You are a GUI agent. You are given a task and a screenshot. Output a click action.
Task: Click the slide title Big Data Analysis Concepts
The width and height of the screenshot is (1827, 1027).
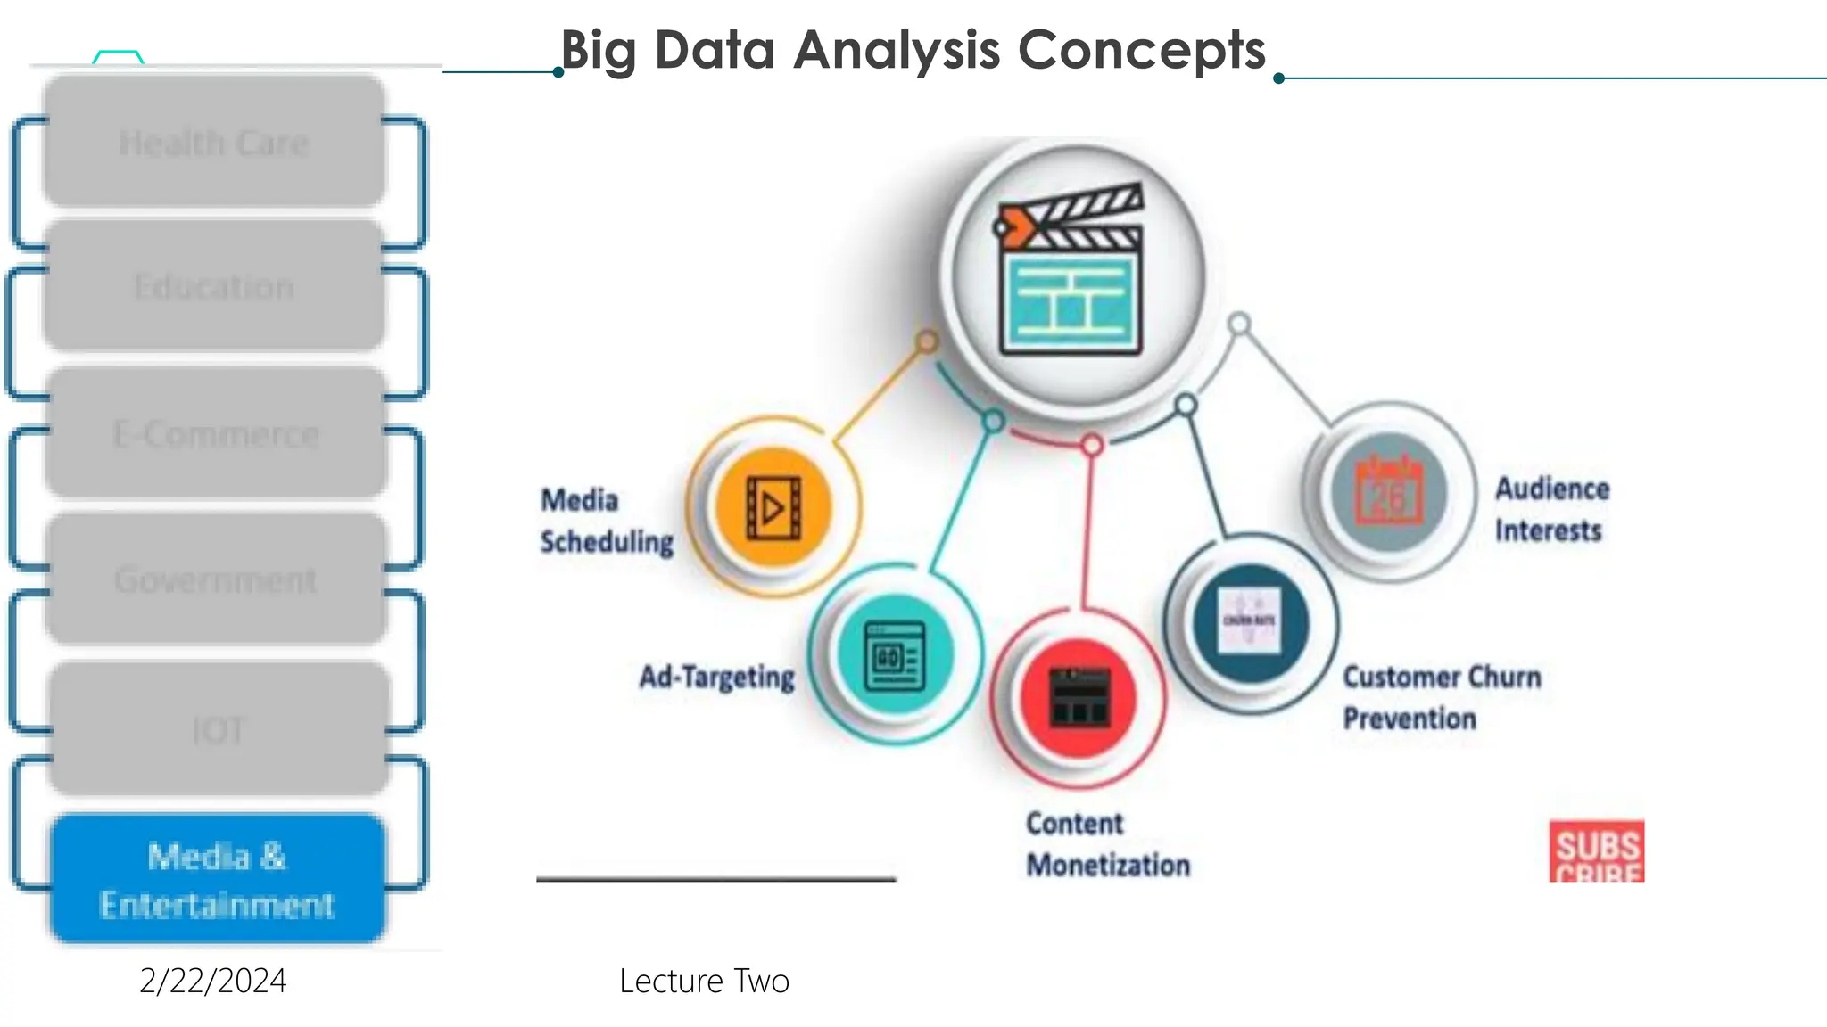(x=913, y=50)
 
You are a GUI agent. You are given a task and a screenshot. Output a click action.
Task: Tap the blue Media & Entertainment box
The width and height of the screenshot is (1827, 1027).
(x=218, y=879)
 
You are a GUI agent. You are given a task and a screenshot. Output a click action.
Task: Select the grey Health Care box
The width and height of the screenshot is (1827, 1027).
(x=214, y=143)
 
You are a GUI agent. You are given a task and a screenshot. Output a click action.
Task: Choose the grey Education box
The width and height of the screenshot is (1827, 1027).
(x=214, y=287)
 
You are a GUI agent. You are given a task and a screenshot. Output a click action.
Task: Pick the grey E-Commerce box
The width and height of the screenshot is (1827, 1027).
(x=216, y=434)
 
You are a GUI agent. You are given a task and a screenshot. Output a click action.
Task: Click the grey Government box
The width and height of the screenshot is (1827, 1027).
(x=216, y=580)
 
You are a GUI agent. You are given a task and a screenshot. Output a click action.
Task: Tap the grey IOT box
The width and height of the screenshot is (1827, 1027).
(x=219, y=730)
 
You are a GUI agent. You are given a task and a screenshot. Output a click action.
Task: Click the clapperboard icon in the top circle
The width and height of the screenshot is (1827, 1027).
(x=1071, y=271)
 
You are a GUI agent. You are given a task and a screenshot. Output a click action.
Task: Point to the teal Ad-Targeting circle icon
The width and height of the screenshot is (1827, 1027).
(x=895, y=656)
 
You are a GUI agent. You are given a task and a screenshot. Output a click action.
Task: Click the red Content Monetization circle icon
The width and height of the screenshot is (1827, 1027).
(x=1079, y=697)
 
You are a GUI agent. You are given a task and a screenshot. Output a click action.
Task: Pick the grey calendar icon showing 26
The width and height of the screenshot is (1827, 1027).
(x=1388, y=492)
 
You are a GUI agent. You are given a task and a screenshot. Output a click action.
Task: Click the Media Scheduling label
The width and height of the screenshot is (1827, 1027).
(x=606, y=521)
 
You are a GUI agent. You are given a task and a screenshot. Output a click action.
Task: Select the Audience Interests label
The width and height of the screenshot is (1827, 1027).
(x=1552, y=509)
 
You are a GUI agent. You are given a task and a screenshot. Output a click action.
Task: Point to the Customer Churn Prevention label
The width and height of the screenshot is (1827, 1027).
(x=1442, y=697)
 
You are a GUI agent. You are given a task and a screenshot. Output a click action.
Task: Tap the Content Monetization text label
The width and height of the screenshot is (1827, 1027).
(x=1108, y=844)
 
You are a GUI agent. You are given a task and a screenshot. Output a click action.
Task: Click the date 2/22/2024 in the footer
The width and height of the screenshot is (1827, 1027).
(x=213, y=981)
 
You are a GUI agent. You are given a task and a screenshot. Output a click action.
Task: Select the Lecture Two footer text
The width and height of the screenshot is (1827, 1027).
(x=704, y=981)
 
